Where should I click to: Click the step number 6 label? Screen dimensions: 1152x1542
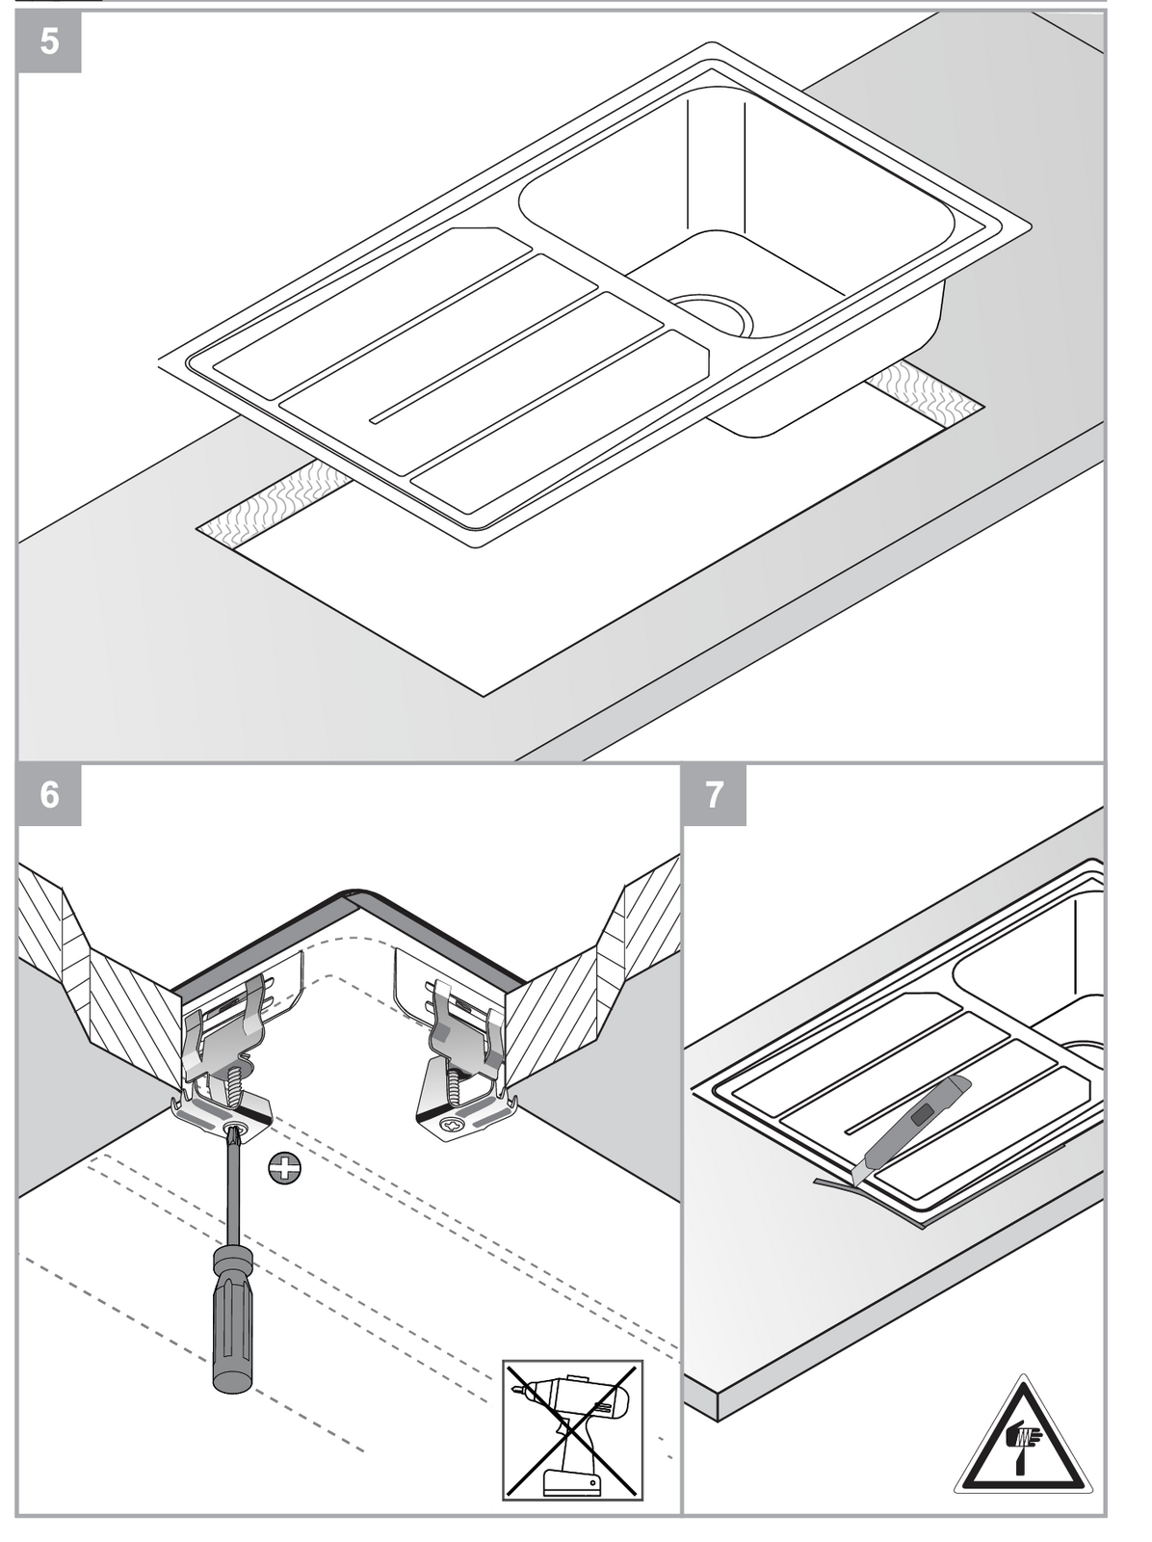click(x=49, y=794)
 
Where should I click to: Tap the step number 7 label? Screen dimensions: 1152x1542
click(x=714, y=794)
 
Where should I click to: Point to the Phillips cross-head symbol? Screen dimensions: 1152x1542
click(x=284, y=1169)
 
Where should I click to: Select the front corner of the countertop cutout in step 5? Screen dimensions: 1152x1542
click(x=484, y=696)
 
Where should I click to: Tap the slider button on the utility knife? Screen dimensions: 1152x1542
click(x=923, y=1113)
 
